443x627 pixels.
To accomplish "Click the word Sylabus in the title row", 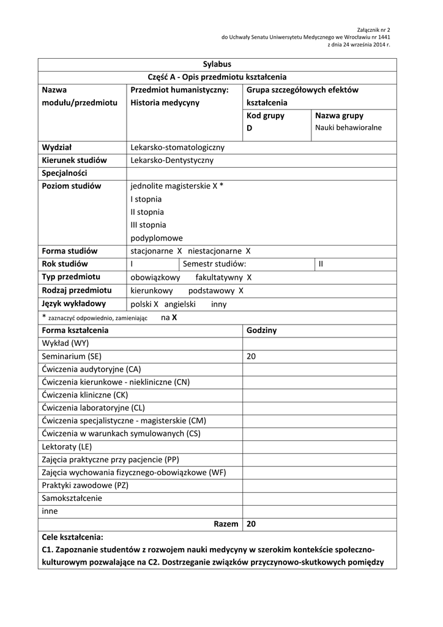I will (x=217, y=64).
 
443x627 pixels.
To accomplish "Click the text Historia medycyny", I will (x=165, y=103).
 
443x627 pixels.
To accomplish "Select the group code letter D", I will (x=250, y=128).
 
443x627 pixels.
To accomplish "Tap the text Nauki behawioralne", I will (x=348, y=128).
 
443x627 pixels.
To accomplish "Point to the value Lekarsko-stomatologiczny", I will (x=177, y=148).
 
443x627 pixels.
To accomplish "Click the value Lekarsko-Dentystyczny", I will (x=172, y=160).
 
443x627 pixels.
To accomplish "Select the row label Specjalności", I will (x=65, y=173).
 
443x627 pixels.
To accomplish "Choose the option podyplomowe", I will (x=157, y=238).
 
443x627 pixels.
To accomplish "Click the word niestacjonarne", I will (x=216, y=251).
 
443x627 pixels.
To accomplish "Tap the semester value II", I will (x=321, y=264).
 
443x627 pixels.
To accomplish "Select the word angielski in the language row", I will (x=180, y=304).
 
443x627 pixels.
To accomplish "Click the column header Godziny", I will (x=261, y=330).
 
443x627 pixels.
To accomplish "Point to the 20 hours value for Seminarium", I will (x=251, y=356).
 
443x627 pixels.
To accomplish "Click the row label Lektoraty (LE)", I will (x=67, y=446).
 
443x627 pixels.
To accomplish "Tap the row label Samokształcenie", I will (x=72, y=498).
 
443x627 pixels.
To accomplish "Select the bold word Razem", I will (x=226, y=524).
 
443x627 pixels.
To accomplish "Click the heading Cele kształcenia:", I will (x=73, y=537).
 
